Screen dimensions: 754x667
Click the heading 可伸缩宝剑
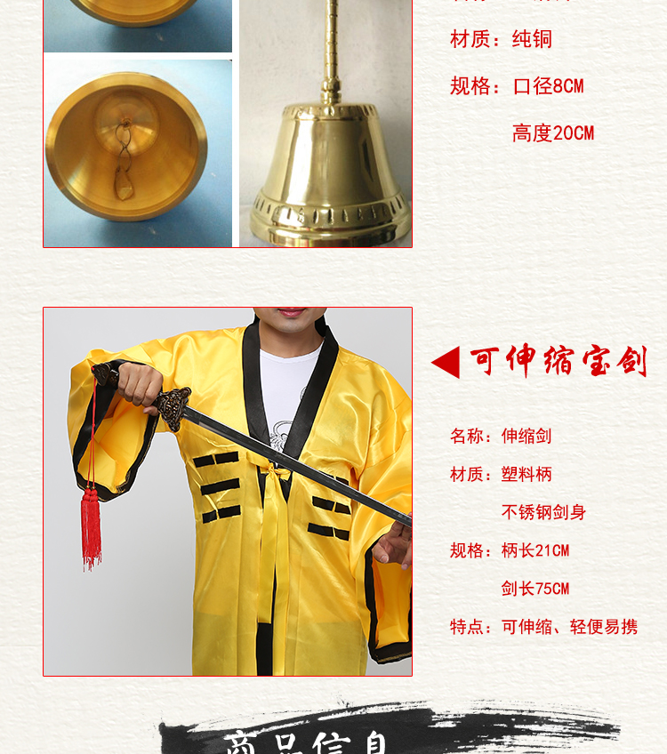pyautogui.click(x=559, y=362)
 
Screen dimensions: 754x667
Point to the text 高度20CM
pyautogui.click(x=552, y=133)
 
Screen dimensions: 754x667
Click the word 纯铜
pyautogui.click(x=532, y=39)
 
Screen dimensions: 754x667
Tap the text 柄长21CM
pyautogui.click(x=534, y=550)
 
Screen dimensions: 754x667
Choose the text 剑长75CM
pyautogui.click(x=534, y=589)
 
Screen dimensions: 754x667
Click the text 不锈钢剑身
pyautogui.click(x=543, y=512)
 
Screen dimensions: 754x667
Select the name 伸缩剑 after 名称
pyautogui.click(x=526, y=436)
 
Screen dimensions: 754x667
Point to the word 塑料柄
pyautogui.click(x=526, y=474)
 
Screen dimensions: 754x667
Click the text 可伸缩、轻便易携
pyautogui.click(x=569, y=627)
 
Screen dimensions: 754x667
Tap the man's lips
pyautogui.click(x=291, y=313)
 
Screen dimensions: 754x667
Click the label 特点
pyautogui.click(x=469, y=627)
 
